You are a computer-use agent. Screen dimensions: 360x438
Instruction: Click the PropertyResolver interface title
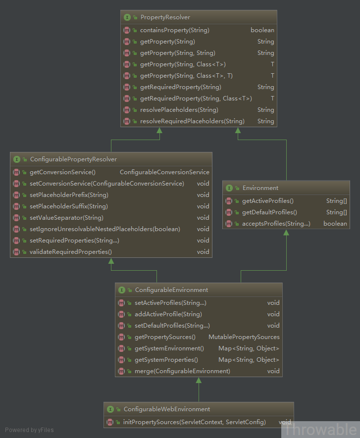(165, 17)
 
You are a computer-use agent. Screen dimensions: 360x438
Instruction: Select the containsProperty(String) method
(175, 30)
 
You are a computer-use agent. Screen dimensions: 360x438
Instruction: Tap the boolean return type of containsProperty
(262, 30)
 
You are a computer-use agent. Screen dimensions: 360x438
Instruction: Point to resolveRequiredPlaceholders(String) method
(192, 121)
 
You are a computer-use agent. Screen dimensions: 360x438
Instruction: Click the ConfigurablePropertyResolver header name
(73, 159)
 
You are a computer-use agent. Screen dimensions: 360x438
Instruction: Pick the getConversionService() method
(62, 172)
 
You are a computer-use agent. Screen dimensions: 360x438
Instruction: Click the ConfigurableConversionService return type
(164, 172)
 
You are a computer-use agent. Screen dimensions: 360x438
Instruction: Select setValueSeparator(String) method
(66, 218)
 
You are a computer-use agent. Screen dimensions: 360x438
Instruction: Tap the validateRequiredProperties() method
(71, 252)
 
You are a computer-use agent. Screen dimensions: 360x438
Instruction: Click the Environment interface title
(260, 188)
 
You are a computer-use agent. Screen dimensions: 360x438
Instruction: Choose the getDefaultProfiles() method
(269, 212)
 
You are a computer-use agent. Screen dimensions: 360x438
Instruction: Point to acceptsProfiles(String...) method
(276, 224)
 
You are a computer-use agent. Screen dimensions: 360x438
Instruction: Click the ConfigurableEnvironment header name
(172, 290)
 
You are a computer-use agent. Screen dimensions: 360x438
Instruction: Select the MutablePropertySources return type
(244, 337)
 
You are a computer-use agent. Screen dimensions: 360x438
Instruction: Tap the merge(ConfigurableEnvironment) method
(183, 371)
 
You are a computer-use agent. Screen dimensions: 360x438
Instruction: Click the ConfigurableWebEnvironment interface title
(167, 409)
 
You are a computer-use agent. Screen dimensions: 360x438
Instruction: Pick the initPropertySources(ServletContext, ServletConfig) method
(195, 422)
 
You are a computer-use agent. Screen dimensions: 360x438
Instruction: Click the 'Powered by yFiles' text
(29, 430)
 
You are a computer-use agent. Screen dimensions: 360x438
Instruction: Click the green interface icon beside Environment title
(229, 188)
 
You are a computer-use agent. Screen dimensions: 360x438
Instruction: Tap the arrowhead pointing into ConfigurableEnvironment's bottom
(199, 380)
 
